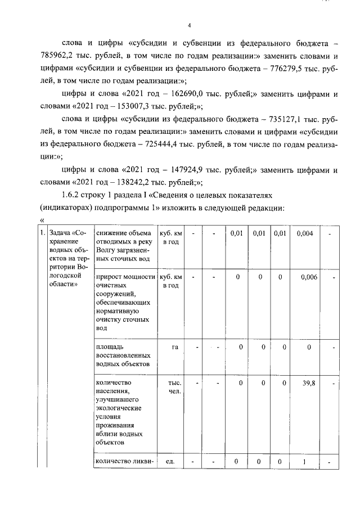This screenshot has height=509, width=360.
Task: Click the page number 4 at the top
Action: point(190,25)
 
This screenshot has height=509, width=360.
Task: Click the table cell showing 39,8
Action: point(308,383)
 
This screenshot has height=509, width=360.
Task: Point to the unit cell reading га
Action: point(174,347)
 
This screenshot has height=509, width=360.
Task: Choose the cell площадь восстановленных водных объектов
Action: point(123,355)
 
